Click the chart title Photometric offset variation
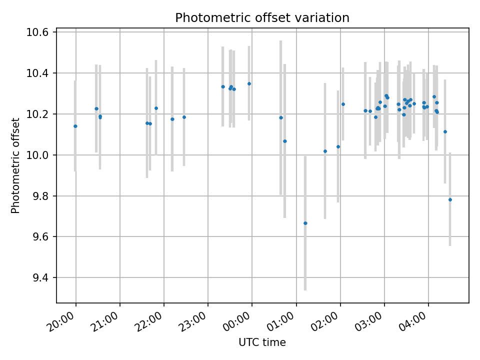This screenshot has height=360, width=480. (x=262, y=18)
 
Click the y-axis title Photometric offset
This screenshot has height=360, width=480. (x=15, y=165)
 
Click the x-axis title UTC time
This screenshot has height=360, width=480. (x=262, y=342)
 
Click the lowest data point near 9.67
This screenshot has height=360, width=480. (x=305, y=223)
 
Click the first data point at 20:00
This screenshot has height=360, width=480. (x=75, y=126)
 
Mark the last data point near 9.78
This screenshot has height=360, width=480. (x=450, y=199)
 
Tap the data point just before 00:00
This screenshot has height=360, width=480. (x=249, y=83)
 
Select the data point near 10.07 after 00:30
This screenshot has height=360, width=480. (x=284, y=141)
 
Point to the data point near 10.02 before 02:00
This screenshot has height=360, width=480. (x=325, y=151)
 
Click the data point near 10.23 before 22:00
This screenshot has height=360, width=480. (x=156, y=108)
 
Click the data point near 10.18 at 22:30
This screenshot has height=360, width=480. (x=184, y=117)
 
